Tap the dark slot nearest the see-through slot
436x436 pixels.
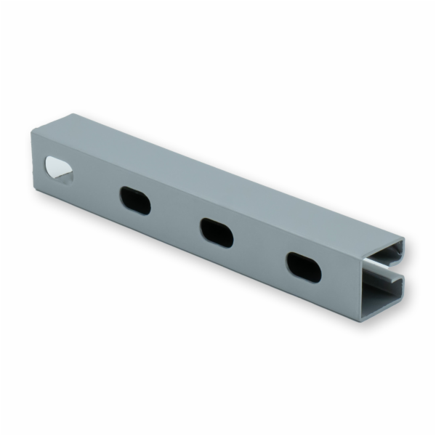pos(135,200)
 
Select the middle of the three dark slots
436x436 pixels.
pos(217,232)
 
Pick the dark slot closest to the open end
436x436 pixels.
pos(303,267)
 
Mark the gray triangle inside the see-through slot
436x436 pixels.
pos(65,174)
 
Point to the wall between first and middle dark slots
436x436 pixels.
pos(176,217)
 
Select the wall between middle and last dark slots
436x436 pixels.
pos(259,249)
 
